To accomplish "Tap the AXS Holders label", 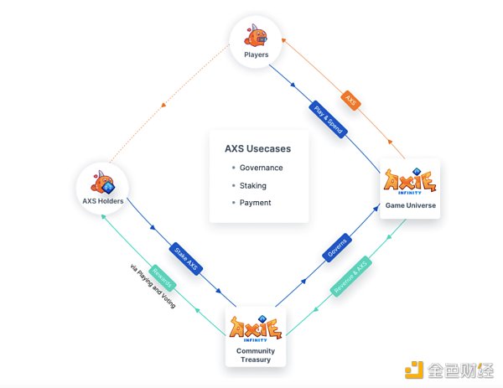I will [x=103, y=201].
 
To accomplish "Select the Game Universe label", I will [x=410, y=205].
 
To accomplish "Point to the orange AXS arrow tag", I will [x=351, y=99].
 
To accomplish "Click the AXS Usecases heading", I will [x=257, y=149].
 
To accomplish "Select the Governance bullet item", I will [x=261, y=168].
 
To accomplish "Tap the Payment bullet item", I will [x=255, y=202].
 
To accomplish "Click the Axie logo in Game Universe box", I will [x=410, y=181].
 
